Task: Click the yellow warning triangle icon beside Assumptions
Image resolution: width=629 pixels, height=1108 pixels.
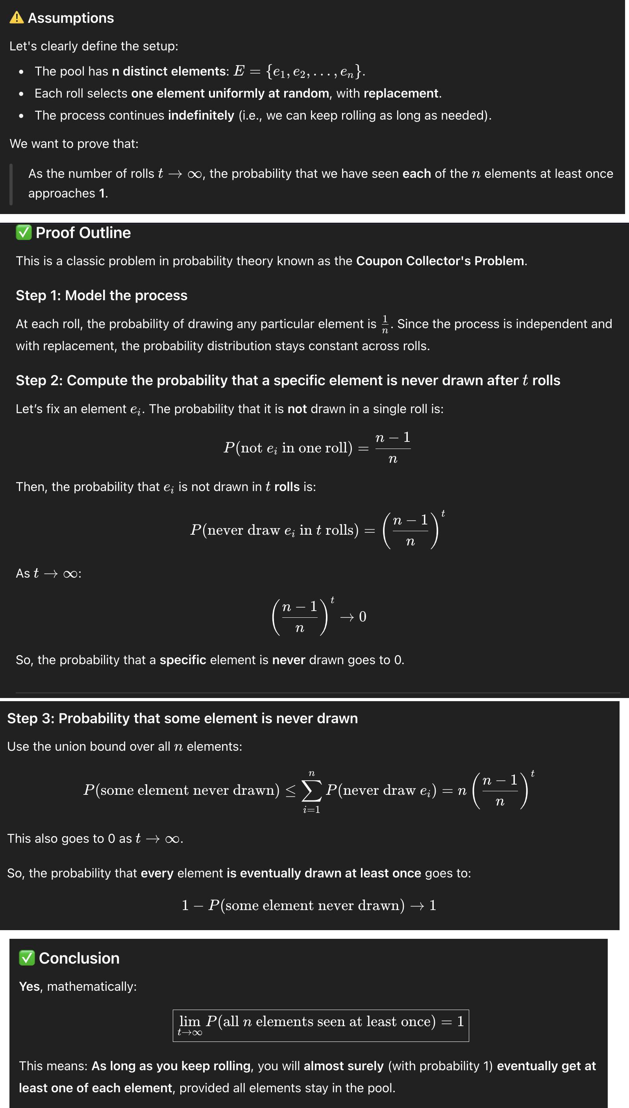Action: (x=17, y=18)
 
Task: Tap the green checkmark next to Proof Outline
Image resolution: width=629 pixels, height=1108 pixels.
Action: (x=23, y=233)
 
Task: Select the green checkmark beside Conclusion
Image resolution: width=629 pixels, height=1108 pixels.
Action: (x=27, y=958)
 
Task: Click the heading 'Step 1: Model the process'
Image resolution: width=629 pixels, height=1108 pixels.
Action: (x=102, y=295)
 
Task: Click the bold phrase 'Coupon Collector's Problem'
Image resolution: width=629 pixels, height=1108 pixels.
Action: (x=440, y=261)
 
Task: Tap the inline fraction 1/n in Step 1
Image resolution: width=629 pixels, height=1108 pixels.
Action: (x=385, y=324)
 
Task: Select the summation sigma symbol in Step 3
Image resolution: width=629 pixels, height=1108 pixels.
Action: (x=311, y=790)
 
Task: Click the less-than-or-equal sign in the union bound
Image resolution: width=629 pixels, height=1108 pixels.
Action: (x=291, y=790)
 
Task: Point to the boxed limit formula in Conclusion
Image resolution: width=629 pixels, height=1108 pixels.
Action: (x=320, y=1025)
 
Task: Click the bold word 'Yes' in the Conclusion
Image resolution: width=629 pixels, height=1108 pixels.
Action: (x=30, y=987)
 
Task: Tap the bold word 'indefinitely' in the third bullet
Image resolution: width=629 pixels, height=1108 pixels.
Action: (x=201, y=115)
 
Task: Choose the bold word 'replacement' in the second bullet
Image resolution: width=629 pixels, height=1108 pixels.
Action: (x=401, y=93)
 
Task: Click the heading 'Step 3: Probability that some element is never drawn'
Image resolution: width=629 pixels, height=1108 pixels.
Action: (x=182, y=718)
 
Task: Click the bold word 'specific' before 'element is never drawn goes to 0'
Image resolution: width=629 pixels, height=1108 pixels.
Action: (x=183, y=660)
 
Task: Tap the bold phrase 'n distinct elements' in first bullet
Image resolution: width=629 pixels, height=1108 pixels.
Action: (x=170, y=71)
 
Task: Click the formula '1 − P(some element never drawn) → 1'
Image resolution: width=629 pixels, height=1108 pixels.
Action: (x=309, y=905)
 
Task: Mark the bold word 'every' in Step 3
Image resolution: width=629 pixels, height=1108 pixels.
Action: (x=157, y=873)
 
